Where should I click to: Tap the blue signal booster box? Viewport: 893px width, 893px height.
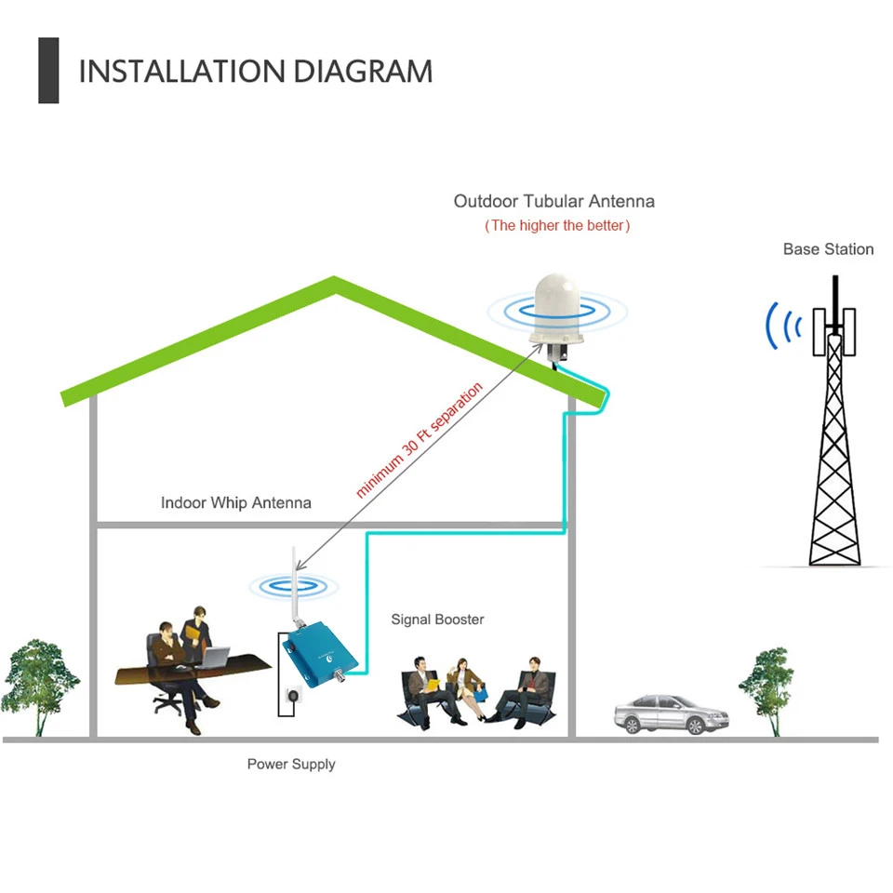tap(321, 656)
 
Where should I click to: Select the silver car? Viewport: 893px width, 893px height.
tap(672, 713)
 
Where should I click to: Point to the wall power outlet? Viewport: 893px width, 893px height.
tap(293, 696)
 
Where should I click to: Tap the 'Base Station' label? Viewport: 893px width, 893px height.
tap(828, 249)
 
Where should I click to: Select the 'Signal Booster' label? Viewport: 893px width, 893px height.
tap(437, 620)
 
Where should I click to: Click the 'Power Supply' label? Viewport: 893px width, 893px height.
tap(291, 765)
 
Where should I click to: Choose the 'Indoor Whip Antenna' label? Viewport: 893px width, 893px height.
tap(235, 503)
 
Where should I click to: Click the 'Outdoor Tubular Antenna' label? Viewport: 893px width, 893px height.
tap(554, 201)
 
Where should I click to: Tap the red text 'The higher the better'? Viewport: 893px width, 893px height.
tap(557, 225)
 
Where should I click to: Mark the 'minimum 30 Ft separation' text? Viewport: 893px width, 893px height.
tap(420, 440)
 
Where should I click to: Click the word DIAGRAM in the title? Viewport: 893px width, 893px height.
tap(363, 72)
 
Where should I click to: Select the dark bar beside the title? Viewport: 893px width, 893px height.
tap(48, 71)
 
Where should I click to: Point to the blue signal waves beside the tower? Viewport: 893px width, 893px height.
tap(782, 327)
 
